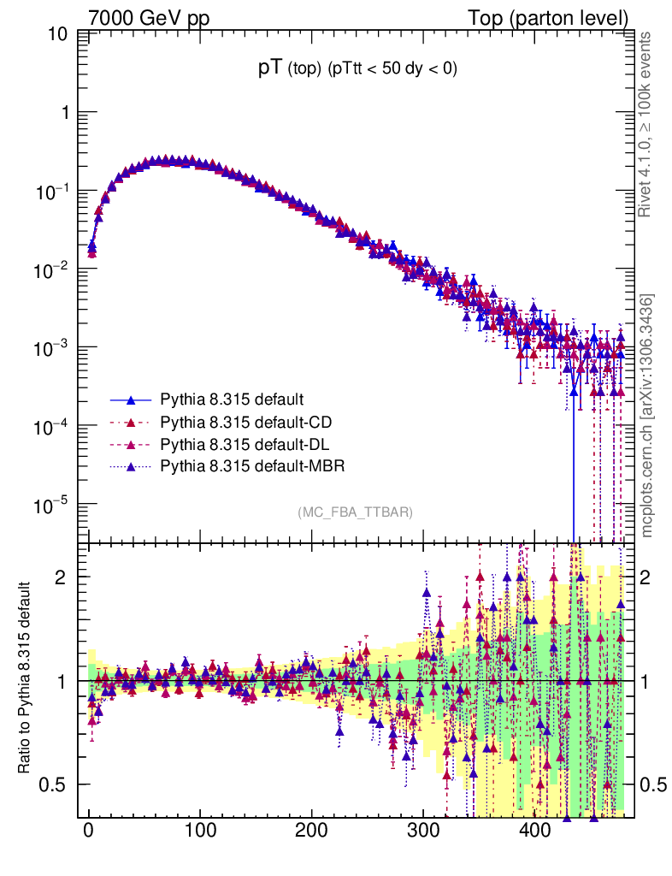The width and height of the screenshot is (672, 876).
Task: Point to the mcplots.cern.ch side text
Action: [x=647, y=416]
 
